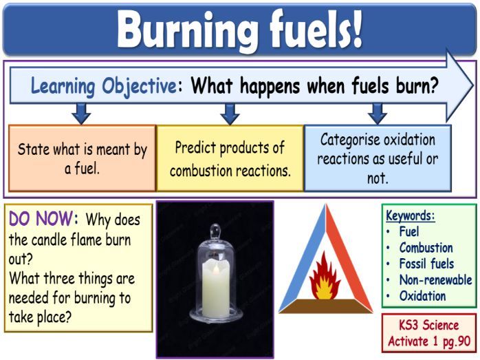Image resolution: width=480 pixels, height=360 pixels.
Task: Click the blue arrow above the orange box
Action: [81, 112]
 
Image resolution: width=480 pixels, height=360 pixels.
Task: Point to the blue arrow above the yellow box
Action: [230, 112]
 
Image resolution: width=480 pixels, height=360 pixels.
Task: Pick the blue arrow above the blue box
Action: [377, 112]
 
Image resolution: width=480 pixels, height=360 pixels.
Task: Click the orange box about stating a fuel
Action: [82, 158]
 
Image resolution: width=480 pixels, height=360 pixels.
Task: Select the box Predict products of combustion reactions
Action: [230, 158]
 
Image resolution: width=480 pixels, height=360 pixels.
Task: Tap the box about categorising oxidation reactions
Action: [378, 158]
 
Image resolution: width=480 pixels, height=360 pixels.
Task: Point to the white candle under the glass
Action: [215, 289]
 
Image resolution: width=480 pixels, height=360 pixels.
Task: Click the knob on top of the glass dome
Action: [215, 231]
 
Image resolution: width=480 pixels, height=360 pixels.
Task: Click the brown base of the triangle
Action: [325, 306]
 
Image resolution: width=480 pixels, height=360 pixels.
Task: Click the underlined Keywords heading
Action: [410, 215]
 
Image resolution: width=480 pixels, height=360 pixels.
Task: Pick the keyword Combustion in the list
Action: [426, 248]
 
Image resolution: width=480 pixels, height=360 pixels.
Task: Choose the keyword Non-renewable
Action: [435, 280]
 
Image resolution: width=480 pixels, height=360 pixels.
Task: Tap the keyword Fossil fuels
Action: [426, 264]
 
